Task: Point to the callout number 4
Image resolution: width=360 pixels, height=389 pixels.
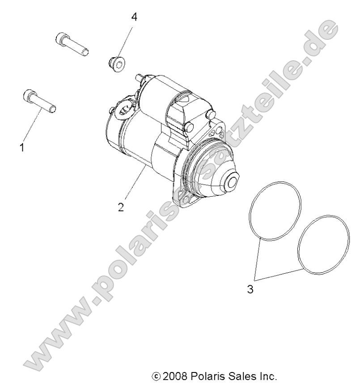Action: tap(134, 17)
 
